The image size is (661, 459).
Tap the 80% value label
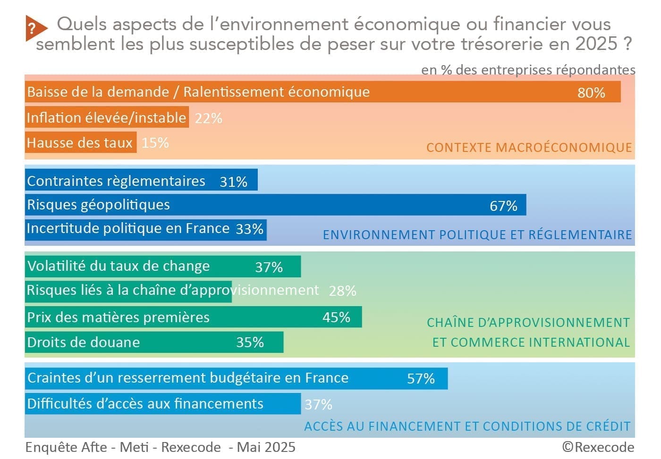point(591,92)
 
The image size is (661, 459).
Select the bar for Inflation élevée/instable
point(107,117)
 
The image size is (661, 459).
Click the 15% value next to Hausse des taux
point(155,143)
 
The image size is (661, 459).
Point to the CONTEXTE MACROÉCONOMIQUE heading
point(529,148)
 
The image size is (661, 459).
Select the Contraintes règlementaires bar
point(141,181)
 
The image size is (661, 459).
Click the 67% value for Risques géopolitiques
point(503,206)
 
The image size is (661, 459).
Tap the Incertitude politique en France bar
point(145,229)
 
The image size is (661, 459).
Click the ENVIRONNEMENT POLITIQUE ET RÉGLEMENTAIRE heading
point(477,235)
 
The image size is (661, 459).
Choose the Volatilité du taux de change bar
point(162,267)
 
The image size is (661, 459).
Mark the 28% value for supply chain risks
point(342,291)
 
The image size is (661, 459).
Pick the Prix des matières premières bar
point(193,317)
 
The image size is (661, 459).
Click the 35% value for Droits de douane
point(250,342)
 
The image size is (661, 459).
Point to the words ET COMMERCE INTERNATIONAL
point(531,342)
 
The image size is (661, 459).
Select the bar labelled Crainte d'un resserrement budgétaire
point(236,378)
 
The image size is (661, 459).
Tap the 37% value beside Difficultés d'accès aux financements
point(318,405)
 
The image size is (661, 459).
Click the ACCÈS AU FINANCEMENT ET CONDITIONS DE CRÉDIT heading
point(467,426)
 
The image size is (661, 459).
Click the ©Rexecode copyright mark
point(598,447)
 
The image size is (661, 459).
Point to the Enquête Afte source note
point(160,447)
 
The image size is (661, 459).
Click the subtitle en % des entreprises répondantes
point(528,70)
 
